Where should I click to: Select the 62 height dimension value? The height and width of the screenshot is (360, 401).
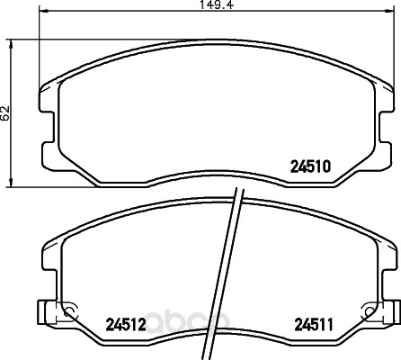(x=5, y=113)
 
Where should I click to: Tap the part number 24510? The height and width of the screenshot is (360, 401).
(x=310, y=166)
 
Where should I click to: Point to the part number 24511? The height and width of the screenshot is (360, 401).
(x=314, y=324)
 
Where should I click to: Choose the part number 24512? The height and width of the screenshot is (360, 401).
(x=126, y=324)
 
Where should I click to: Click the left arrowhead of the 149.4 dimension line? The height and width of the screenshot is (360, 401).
(x=44, y=11)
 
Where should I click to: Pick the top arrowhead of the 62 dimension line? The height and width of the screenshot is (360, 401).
(x=11, y=44)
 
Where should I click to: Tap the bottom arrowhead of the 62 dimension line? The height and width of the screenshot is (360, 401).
(x=11, y=183)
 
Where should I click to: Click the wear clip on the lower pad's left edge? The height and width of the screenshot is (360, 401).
(x=48, y=312)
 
